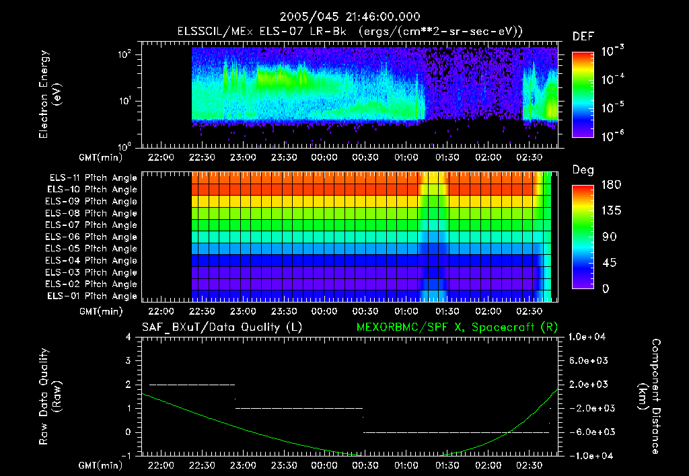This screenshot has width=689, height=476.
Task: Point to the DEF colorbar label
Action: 582,37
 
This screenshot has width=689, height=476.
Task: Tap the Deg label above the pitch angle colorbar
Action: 582,170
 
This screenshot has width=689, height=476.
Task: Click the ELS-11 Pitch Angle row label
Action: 92,177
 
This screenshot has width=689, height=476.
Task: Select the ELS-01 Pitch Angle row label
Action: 92,296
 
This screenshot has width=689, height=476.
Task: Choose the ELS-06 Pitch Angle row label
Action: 92,237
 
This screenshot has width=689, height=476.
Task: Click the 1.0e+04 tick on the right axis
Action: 589,336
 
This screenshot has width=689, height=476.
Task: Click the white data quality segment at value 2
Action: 192,385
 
